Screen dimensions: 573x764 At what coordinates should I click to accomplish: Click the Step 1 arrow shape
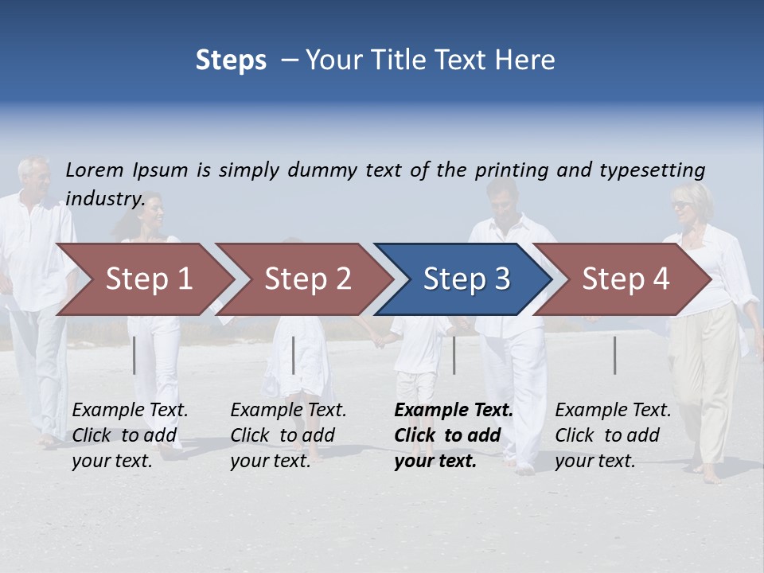pyautogui.click(x=143, y=279)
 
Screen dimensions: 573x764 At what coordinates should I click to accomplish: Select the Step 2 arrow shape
pyautogui.click(x=302, y=279)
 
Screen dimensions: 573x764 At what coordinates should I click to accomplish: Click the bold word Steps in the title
pyautogui.click(x=231, y=60)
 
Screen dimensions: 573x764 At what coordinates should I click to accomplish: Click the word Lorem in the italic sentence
pyautogui.click(x=95, y=170)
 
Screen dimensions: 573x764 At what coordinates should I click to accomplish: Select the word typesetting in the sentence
pyautogui.click(x=652, y=170)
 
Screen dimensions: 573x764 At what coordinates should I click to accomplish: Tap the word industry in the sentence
pyautogui.click(x=105, y=198)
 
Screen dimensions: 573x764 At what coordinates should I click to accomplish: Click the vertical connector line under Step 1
pyautogui.click(x=134, y=355)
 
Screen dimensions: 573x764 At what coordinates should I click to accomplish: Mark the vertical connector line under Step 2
pyautogui.click(x=294, y=355)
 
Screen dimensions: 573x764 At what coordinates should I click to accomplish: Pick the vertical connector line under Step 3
pyautogui.click(x=454, y=355)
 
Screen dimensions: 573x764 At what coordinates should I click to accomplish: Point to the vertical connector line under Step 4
pyautogui.click(x=615, y=355)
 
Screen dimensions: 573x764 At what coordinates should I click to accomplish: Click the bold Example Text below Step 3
pyautogui.click(x=454, y=411)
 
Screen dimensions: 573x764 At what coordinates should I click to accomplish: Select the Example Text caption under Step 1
pyautogui.click(x=130, y=411)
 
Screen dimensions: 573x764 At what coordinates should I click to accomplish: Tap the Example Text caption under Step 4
pyautogui.click(x=613, y=411)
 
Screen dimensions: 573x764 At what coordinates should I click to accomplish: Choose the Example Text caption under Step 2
pyautogui.click(x=288, y=411)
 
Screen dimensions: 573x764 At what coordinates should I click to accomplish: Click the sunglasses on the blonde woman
pyautogui.click(x=682, y=205)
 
